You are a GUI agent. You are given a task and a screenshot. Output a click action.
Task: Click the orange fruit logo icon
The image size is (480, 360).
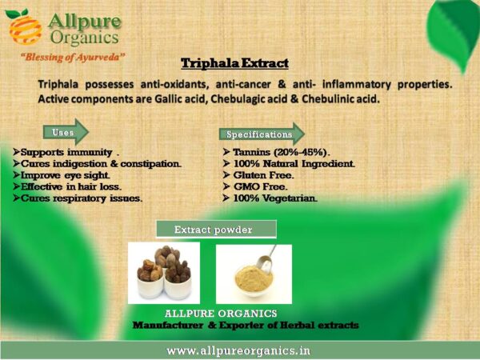point(24,27)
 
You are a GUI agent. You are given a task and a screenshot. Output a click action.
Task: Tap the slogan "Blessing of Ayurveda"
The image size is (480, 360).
point(73,58)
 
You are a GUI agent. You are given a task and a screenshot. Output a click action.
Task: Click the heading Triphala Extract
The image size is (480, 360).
point(234,63)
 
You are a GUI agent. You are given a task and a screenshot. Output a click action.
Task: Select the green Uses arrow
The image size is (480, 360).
point(66,132)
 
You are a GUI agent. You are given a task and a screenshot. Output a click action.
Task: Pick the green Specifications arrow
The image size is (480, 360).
point(262,134)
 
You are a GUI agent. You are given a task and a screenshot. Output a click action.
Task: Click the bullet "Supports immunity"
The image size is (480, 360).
point(66,153)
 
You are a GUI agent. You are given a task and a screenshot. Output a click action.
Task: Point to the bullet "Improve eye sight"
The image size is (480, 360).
point(62,175)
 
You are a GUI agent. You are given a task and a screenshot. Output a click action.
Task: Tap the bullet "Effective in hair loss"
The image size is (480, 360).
point(67,186)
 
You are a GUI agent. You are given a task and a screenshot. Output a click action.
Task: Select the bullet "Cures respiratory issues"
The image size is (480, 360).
point(78,198)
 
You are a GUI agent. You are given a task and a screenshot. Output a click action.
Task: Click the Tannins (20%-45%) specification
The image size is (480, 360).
point(277,152)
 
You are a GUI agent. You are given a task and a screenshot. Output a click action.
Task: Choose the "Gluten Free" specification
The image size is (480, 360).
point(258,175)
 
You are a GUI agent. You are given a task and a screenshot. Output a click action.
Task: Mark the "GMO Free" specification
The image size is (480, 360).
point(255,186)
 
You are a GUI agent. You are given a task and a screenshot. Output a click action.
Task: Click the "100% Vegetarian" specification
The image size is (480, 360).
point(270,198)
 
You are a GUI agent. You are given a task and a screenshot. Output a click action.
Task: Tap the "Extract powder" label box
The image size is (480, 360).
point(216,230)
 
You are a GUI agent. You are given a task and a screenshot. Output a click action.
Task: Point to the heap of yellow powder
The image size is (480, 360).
point(254,278)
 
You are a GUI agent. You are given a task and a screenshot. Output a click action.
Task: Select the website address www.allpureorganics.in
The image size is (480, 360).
point(238,350)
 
